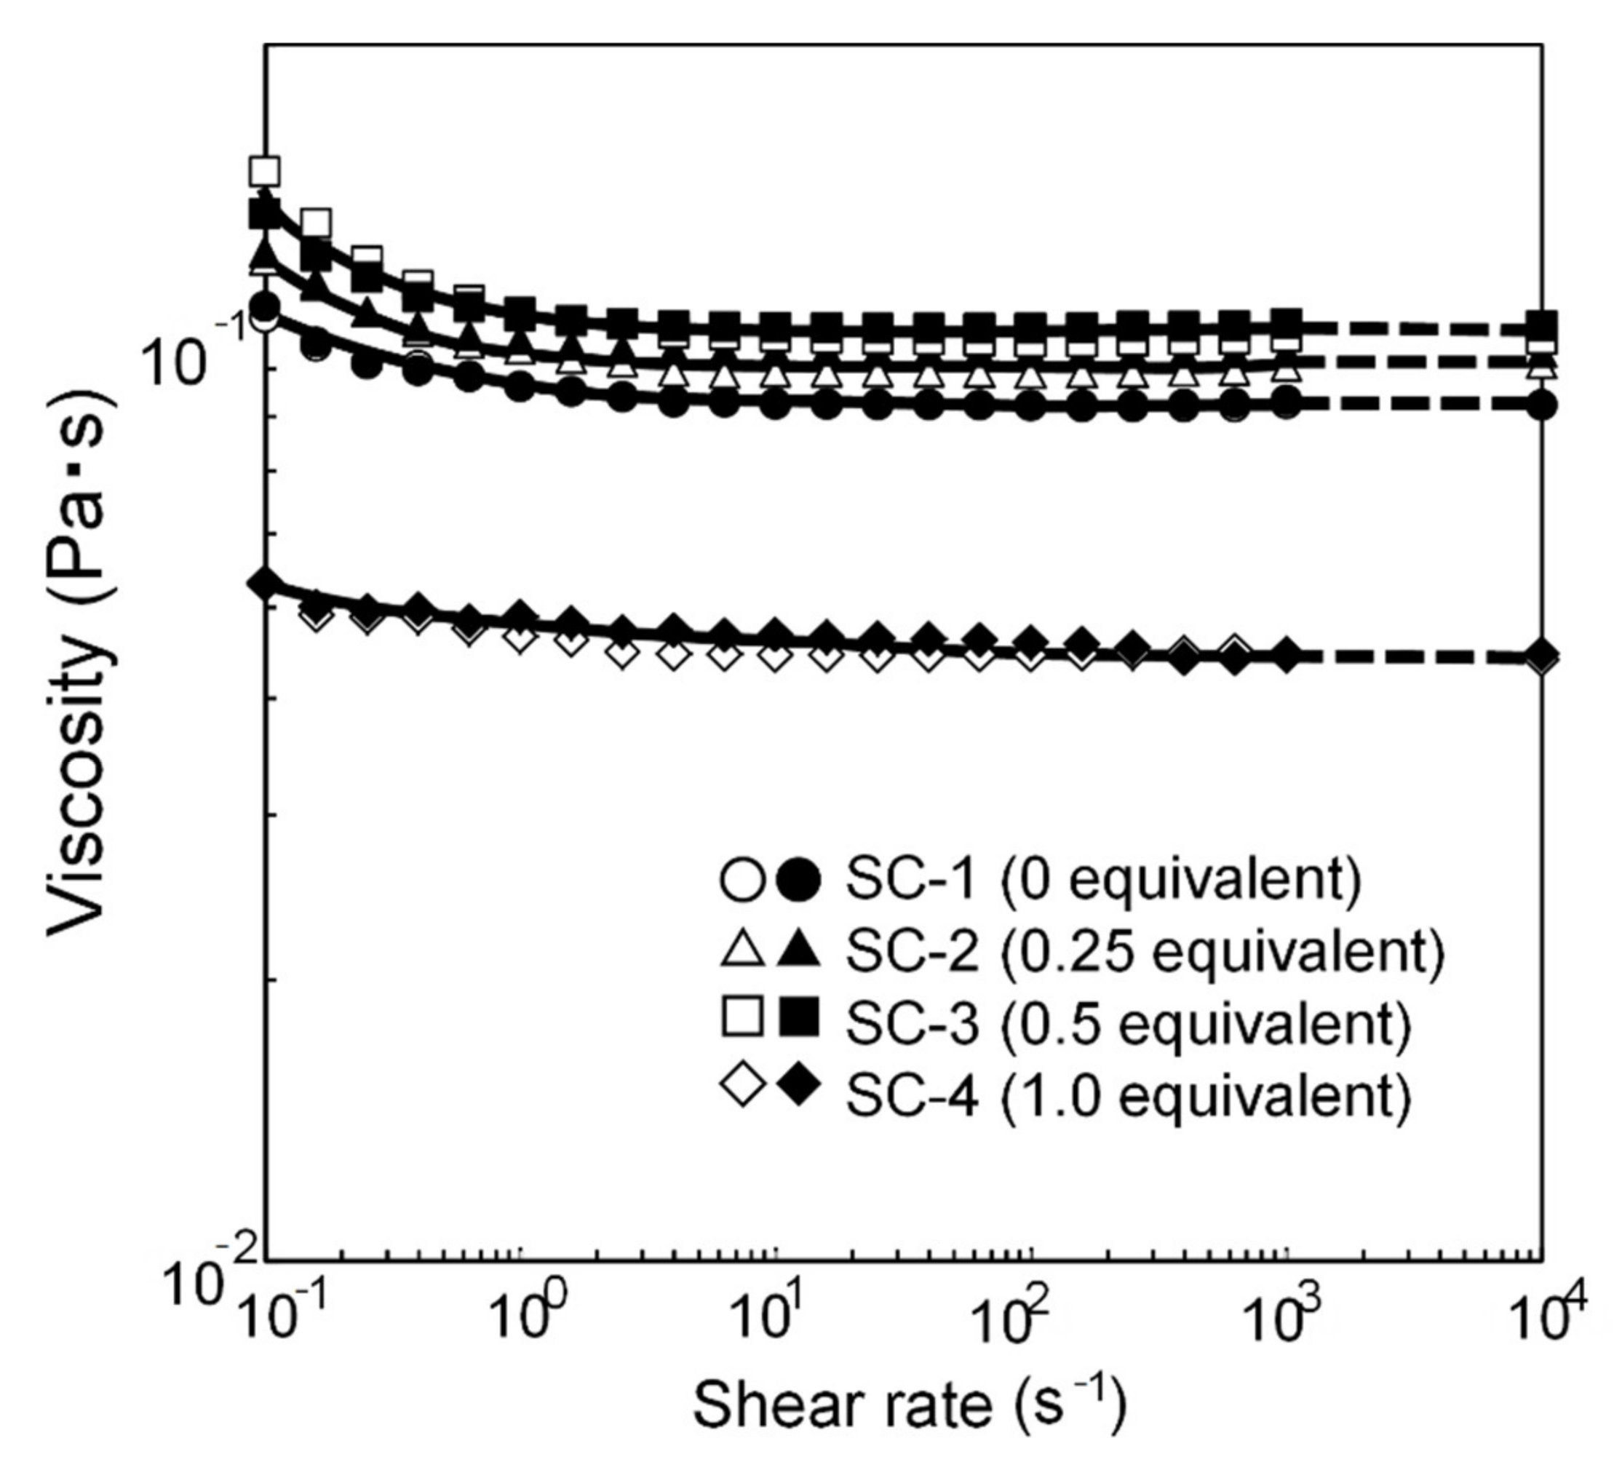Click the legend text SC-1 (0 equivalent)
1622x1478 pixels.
(1103, 878)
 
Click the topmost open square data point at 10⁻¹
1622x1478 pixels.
(265, 170)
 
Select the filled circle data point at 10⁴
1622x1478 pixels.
(1541, 405)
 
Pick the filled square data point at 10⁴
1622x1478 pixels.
(1541, 327)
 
